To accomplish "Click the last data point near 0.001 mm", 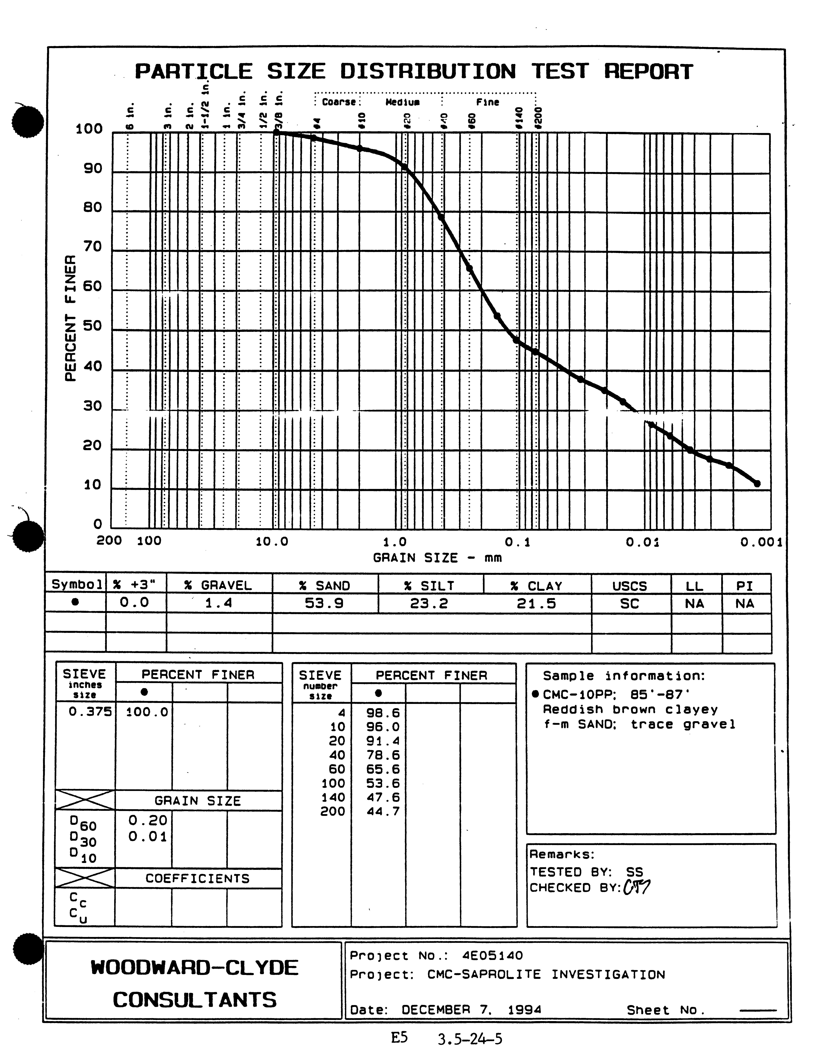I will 757,483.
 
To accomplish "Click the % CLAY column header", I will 536,586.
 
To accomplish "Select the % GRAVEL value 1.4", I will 219,603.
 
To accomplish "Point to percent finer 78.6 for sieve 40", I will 383,755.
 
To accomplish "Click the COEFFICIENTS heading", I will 197,878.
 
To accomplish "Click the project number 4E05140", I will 492,956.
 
